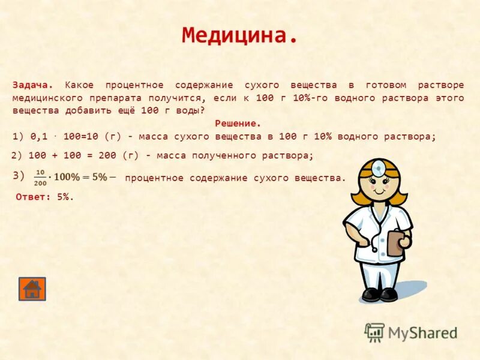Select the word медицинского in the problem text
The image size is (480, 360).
(x=44, y=98)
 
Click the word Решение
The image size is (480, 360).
(x=238, y=124)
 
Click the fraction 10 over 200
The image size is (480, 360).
(x=41, y=177)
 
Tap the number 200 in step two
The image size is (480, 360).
(x=107, y=155)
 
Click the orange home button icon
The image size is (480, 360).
(x=32, y=289)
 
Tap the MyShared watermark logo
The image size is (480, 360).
(x=412, y=332)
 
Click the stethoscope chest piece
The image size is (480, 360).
(x=374, y=248)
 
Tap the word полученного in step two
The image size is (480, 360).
(x=218, y=155)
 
